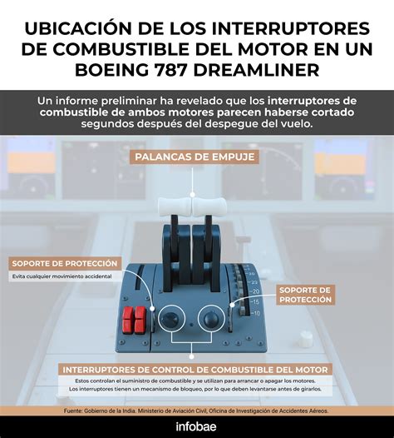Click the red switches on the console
click(x=133, y=319)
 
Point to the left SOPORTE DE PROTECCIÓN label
click(x=64, y=263)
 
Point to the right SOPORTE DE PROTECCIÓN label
click(x=305, y=294)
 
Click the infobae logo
click(x=196, y=427)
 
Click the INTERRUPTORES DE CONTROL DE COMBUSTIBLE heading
click(x=196, y=369)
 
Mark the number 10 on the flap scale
click(x=254, y=313)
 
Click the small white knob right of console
click(x=306, y=338)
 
